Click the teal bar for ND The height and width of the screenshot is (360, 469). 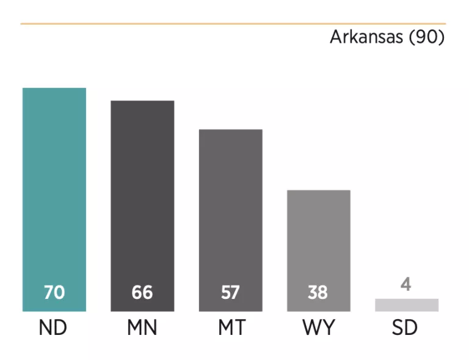[x=54, y=183]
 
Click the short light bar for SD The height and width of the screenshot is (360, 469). [x=407, y=305]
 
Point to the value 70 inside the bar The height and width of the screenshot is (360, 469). [x=54, y=293]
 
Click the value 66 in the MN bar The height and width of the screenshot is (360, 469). [x=142, y=293]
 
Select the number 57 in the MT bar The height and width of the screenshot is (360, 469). [x=230, y=293]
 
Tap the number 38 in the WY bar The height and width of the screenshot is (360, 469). [x=318, y=293]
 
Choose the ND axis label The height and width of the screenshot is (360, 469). [x=53, y=328]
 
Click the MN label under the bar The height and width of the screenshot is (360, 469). [x=142, y=328]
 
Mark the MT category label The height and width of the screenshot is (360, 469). [x=231, y=328]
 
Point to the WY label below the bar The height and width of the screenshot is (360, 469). [x=318, y=328]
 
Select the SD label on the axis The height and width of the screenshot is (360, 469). [x=405, y=328]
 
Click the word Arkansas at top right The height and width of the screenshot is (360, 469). [x=366, y=37]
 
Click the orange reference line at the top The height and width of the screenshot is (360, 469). [x=232, y=24]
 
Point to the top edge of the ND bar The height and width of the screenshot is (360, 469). [x=54, y=89]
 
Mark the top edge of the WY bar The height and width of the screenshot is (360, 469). [x=318, y=191]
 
